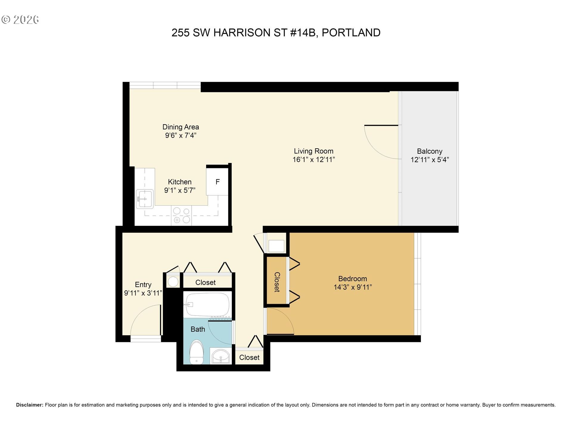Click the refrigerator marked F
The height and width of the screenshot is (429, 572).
click(217, 182)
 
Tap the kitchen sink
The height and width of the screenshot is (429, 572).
click(145, 198)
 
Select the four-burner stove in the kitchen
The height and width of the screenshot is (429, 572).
click(181, 215)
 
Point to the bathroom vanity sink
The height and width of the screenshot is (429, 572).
click(221, 356)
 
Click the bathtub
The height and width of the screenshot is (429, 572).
click(207, 304)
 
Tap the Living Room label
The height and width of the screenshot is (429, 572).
click(313, 151)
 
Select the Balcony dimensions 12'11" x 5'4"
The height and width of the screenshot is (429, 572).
click(430, 160)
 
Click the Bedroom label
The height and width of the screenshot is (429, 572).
click(352, 279)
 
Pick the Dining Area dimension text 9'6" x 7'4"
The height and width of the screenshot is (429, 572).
click(181, 136)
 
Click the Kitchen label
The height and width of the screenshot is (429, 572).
click(180, 182)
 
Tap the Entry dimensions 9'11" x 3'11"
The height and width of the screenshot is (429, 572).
click(143, 293)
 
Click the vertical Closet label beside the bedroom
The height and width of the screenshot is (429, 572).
click(277, 282)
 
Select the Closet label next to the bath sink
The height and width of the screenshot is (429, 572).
click(249, 357)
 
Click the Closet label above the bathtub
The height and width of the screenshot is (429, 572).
click(205, 282)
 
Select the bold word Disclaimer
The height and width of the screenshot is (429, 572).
click(29, 405)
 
